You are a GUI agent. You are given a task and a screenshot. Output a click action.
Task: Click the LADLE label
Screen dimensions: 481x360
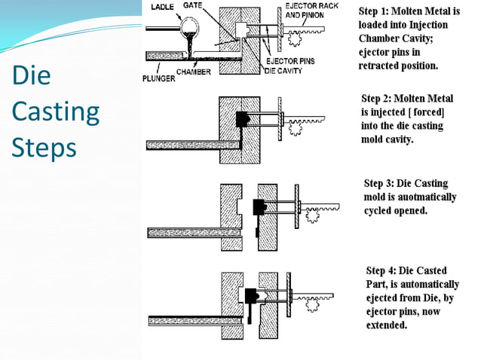coord(162,7)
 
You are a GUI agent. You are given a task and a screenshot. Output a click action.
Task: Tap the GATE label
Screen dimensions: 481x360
coord(192,5)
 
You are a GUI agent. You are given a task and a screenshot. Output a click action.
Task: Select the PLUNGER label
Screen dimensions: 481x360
coord(158,78)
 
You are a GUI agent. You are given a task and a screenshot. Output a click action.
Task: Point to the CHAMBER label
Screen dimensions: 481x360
coord(194,72)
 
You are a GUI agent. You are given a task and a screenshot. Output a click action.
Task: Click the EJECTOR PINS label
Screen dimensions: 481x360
coord(290,61)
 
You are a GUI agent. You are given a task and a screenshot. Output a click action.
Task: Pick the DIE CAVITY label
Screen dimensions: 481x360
coord(283,71)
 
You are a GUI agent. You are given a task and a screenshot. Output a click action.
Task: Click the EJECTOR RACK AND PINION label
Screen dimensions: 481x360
coord(311,11)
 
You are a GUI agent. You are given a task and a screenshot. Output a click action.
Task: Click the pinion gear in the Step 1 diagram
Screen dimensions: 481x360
coord(294,39)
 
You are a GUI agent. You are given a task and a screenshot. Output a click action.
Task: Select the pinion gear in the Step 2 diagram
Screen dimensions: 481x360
coord(295,128)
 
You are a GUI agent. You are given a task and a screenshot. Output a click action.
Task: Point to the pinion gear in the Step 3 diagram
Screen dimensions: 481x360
coord(312,215)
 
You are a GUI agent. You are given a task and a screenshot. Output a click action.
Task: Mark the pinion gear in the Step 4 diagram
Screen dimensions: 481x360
coord(312,305)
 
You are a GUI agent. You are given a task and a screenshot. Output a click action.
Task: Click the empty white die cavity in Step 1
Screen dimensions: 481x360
coord(241,30)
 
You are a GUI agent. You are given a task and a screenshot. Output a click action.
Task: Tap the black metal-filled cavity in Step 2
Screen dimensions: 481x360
coord(242,120)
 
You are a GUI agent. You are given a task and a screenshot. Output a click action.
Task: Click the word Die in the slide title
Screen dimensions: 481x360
coord(32,75)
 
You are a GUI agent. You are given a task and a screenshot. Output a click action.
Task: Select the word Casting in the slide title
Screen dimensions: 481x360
coord(56,112)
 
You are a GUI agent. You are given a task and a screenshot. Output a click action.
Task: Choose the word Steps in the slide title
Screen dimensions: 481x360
coord(44,148)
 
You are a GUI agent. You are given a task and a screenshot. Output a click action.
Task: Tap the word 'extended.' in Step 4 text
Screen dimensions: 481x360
coord(387,325)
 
